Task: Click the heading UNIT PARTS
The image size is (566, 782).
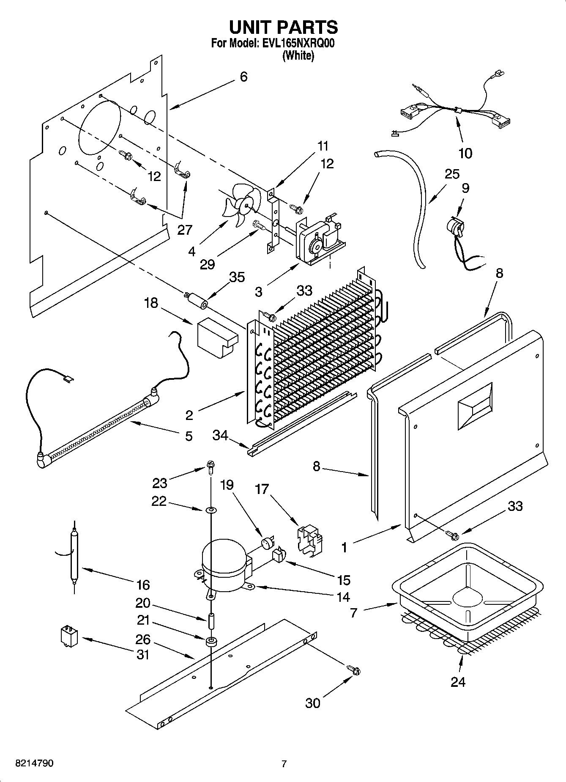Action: pyautogui.click(x=283, y=27)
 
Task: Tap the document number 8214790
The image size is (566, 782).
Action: pyautogui.click(x=34, y=763)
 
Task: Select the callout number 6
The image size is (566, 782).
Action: pyautogui.click(x=243, y=77)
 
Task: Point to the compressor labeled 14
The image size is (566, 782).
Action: pyautogui.click(x=224, y=567)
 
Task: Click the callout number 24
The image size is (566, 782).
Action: pyautogui.click(x=458, y=682)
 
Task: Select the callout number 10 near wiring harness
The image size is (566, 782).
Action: pyautogui.click(x=465, y=153)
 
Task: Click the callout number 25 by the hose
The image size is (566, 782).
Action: pyautogui.click(x=452, y=174)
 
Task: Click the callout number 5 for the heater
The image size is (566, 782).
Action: pyautogui.click(x=189, y=436)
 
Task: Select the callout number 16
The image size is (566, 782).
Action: pyautogui.click(x=143, y=585)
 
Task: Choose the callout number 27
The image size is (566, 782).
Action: pyautogui.click(x=185, y=230)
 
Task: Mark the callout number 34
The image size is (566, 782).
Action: pyautogui.click(x=220, y=435)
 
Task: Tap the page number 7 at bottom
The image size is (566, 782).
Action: pyautogui.click(x=284, y=764)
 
